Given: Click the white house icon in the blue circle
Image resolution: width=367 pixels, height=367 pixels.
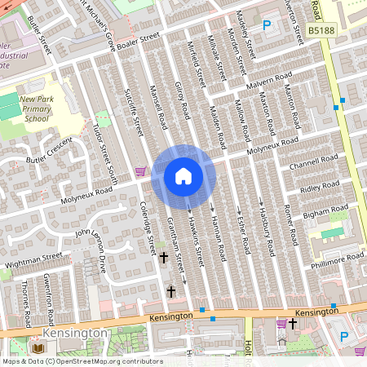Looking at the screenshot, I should (x=183, y=175).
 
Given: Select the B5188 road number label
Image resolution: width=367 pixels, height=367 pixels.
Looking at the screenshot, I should (x=321, y=30).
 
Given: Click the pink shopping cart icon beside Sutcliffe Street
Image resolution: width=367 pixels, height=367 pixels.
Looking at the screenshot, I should (x=140, y=171).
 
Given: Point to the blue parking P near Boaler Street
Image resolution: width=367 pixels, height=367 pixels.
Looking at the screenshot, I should (x=267, y=26).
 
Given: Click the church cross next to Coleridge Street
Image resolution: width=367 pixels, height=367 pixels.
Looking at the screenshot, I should (x=163, y=258).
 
